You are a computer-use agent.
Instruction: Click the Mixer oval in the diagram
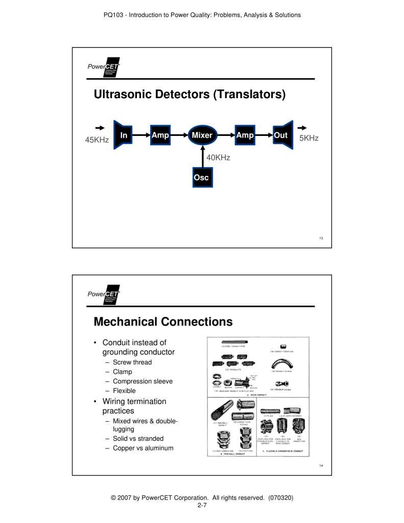(x=202, y=135)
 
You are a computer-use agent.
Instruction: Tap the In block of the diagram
(x=123, y=135)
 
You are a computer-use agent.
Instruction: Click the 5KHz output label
(x=308, y=138)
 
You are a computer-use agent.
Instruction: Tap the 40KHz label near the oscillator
(x=218, y=157)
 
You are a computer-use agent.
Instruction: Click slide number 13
(x=313, y=238)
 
